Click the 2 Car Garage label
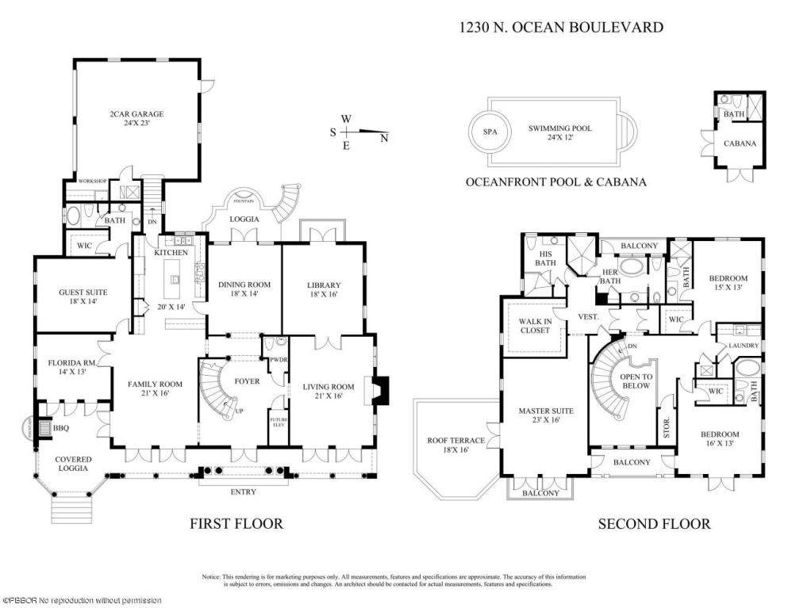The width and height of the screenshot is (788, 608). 136,119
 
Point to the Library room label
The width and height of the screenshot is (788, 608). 324,290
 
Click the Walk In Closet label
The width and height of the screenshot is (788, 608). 534,325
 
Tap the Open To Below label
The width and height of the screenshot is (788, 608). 636,381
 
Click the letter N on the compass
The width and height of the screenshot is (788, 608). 384,138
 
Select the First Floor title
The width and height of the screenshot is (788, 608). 236,523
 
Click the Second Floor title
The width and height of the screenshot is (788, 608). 653,523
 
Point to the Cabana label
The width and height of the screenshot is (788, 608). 740,143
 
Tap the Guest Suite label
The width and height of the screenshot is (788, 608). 83,297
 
